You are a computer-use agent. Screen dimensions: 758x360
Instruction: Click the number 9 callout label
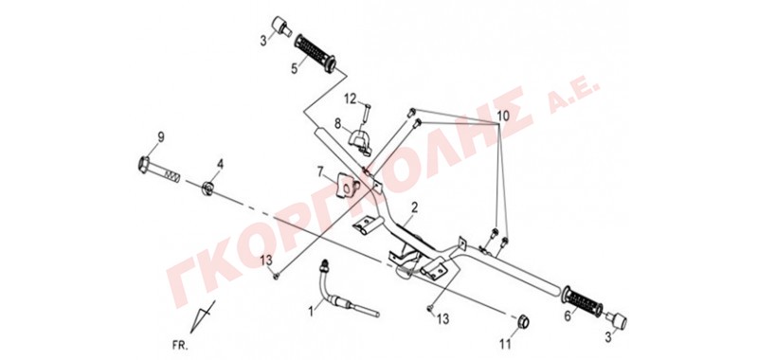pyautogui.click(x=160, y=137)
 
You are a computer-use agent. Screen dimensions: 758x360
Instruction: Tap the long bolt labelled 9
pyautogui.click(x=159, y=170)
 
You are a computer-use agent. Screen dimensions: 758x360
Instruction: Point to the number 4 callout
pyautogui.click(x=221, y=164)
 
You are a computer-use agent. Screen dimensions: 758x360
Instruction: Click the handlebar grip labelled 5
pyautogui.click(x=316, y=51)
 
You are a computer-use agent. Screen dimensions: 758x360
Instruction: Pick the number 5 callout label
pyautogui.click(x=293, y=69)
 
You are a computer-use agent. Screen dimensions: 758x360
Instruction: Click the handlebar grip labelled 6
pyautogui.click(x=582, y=302)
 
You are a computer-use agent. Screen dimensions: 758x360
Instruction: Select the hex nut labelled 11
pyautogui.click(x=523, y=321)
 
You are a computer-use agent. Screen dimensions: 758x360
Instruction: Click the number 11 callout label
pyautogui.click(x=505, y=345)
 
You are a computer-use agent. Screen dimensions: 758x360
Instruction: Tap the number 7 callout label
pyautogui.click(x=320, y=171)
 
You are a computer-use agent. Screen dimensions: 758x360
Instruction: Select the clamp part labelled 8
pyautogui.click(x=360, y=140)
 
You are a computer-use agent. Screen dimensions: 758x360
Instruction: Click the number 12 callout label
pyautogui.click(x=350, y=99)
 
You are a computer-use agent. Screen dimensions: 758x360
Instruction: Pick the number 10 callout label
pyautogui.click(x=503, y=116)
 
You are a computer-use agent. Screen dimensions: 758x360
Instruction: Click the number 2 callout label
pyautogui.click(x=414, y=208)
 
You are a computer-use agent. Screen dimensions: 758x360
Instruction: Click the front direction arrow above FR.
pyautogui.click(x=202, y=317)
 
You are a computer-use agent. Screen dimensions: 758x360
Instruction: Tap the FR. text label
pyautogui.click(x=180, y=346)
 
